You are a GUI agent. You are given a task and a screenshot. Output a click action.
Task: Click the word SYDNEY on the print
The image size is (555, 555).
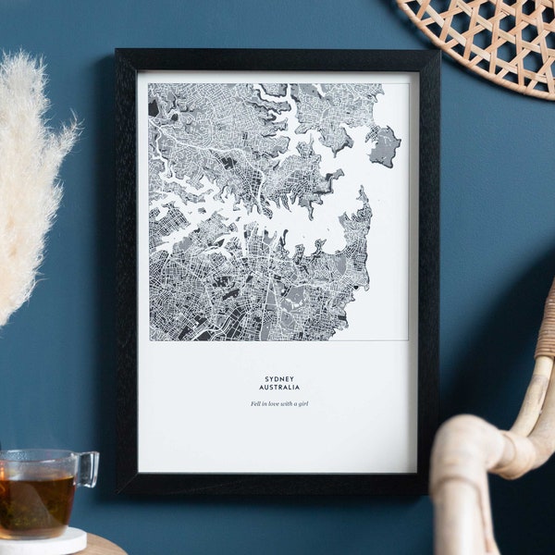coord(278,378)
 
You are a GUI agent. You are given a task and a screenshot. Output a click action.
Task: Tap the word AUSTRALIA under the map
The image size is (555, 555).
coord(278,388)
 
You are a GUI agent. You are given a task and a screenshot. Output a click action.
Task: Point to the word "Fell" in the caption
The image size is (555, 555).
coord(255,404)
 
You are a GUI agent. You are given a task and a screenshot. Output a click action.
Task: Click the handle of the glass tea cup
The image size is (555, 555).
coord(87,469)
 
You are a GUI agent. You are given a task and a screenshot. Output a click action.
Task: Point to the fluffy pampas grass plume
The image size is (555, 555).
coord(32,176)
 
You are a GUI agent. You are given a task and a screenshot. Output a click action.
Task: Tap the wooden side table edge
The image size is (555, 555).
coord(102,546)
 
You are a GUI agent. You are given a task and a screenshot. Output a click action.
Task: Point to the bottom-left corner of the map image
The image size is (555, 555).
coord(150,339)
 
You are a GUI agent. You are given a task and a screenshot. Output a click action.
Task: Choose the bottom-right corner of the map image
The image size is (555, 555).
coord(408,339)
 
